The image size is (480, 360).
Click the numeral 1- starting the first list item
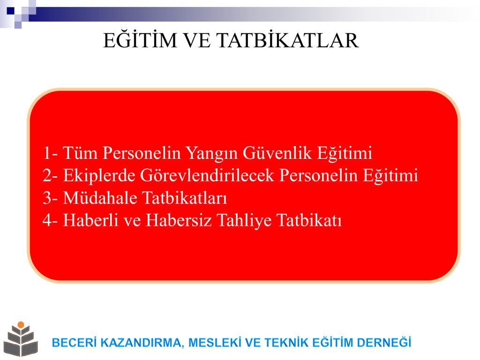tap(50, 153)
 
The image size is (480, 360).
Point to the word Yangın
tap(211, 154)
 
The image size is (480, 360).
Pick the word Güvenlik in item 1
tap(277, 153)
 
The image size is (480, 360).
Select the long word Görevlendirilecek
tap(207, 175)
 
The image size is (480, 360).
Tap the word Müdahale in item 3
tap(100, 198)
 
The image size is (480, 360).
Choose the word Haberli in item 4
tap(90, 220)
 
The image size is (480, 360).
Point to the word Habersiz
tap(179, 220)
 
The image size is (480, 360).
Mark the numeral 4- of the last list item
tap(50, 220)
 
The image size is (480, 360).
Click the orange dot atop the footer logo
tap(21, 324)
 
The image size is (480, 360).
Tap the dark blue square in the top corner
tap(11, 11)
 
